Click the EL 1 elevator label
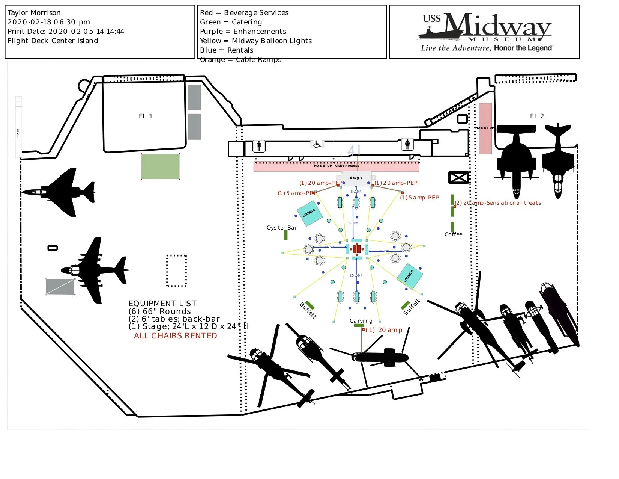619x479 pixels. pos(146,116)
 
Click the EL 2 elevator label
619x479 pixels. pos(536,116)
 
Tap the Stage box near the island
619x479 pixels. pos(356,178)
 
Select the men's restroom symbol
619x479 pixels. pos(259,146)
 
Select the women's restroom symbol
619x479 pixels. pos(407,144)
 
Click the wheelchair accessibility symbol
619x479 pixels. pos(317,144)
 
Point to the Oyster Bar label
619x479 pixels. pos(282,228)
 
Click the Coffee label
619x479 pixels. pos(453,234)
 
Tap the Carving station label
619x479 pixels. pos(361,321)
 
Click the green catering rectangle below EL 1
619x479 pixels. pos(160,166)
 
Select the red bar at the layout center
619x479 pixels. pos(356,249)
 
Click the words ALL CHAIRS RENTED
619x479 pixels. pos(175,336)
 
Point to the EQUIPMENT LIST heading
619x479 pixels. pos(162,304)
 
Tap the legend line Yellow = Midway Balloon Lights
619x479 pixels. pos(256,41)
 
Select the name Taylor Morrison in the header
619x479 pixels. pos(34,13)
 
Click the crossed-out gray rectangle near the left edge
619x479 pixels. pos(60,287)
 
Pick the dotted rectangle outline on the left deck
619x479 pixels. pos(176,270)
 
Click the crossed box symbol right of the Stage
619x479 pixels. pos(459,177)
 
